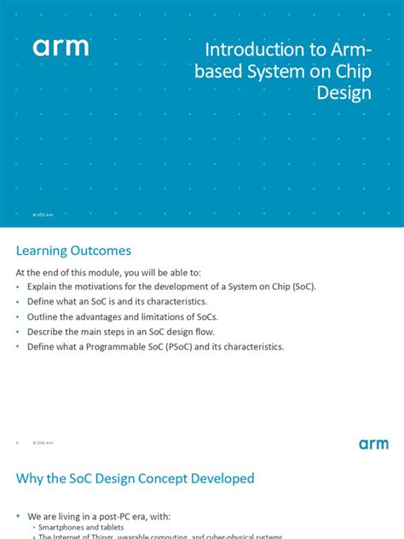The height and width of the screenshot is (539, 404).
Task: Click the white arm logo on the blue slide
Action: click(61, 48)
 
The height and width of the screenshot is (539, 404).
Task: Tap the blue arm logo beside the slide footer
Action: click(373, 443)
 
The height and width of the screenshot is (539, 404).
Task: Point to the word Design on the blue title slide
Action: click(344, 93)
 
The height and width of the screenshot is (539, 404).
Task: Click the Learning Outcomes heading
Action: click(74, 251)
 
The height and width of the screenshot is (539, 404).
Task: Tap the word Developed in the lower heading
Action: click(222, 478)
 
